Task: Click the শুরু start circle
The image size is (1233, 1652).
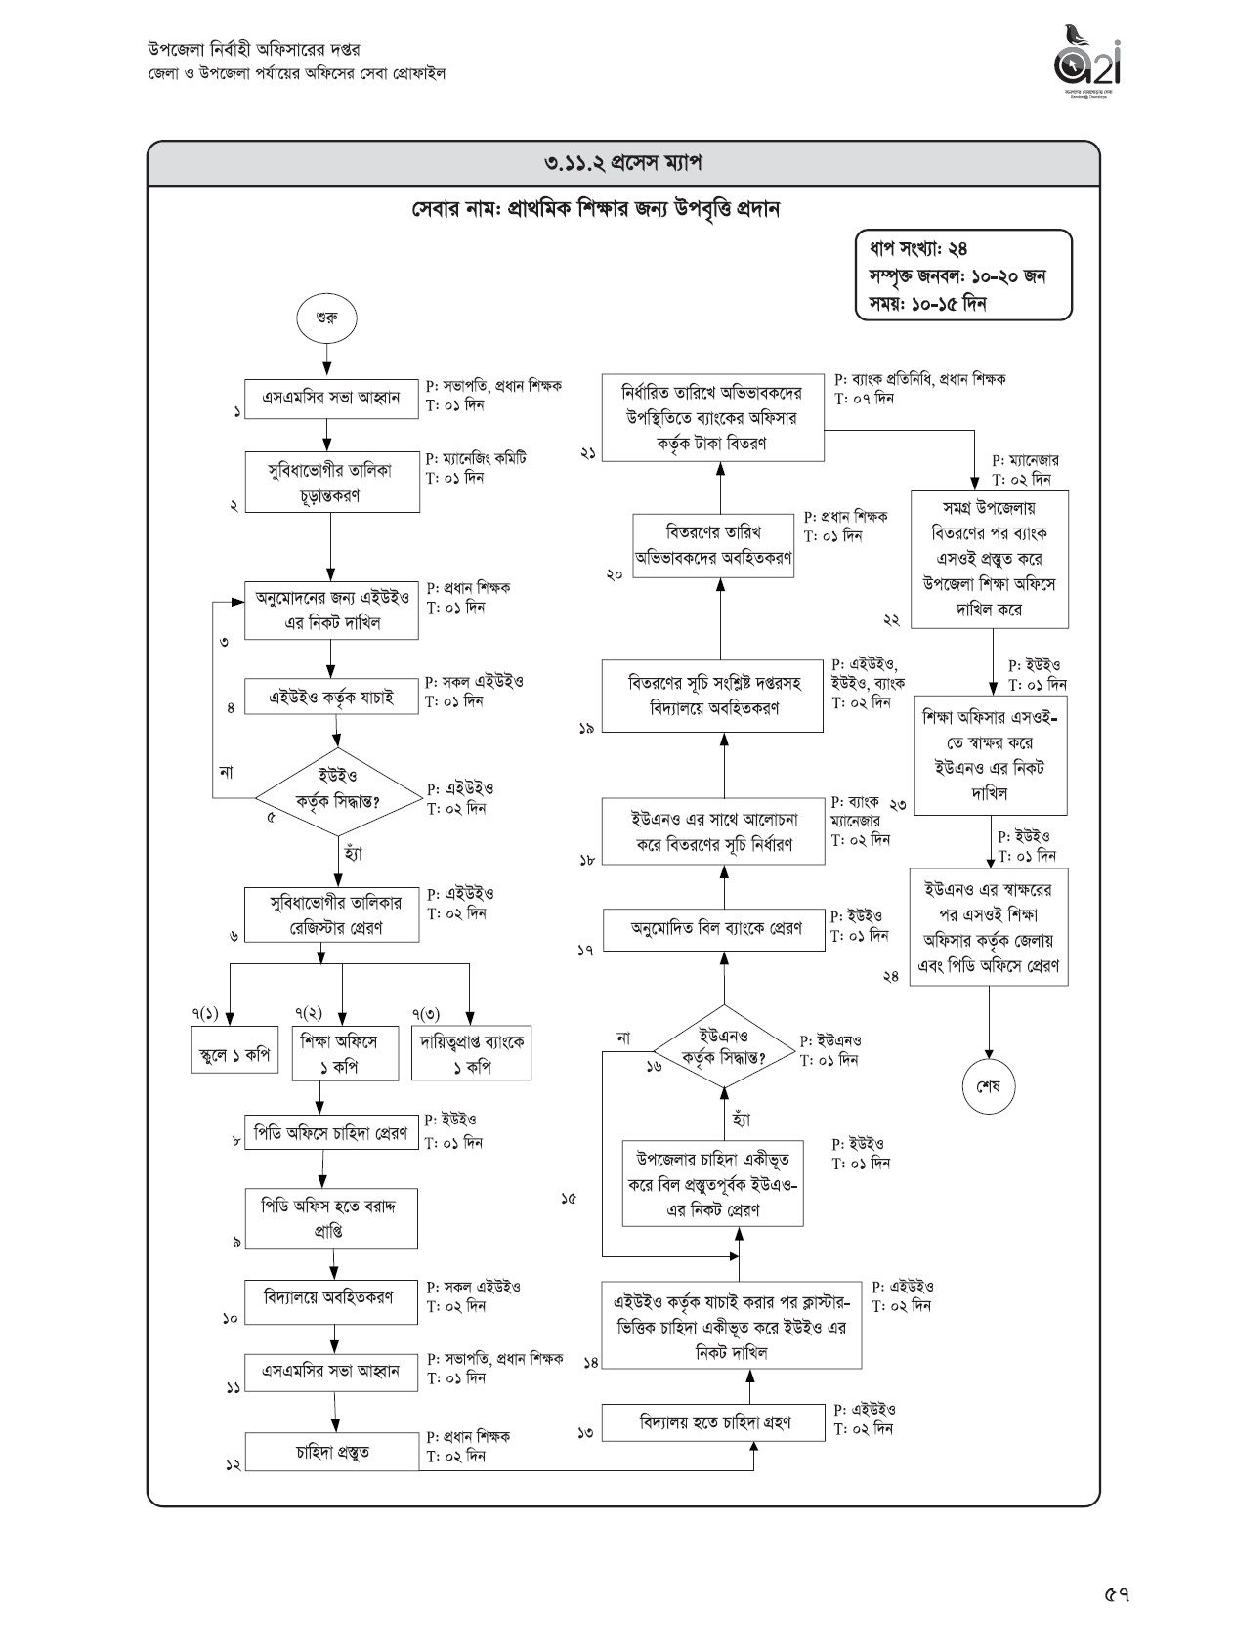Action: [327, 318]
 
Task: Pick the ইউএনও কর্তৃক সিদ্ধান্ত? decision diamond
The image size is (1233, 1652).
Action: [723, 1047]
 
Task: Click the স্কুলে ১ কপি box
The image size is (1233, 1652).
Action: [234, 1053]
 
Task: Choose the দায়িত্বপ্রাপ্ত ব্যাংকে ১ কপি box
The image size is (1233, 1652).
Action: [471, 1053]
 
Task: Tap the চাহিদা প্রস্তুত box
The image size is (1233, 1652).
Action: [331, 1452]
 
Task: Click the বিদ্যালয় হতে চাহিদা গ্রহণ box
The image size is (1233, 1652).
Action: [714, 1422]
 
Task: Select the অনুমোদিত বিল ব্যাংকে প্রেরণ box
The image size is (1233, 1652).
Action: [715, 927]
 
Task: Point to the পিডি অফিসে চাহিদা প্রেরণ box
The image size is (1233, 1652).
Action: [331, 1133]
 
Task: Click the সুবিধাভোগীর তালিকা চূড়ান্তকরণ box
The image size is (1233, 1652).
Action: [331, 482]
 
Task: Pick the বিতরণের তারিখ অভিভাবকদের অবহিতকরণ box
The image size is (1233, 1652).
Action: [714, 545]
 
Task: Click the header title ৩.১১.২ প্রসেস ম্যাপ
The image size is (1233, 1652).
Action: [623, 163]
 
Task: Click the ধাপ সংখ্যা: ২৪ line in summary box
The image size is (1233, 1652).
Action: [913, 250]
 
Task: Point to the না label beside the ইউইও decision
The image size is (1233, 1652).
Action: [227, 772]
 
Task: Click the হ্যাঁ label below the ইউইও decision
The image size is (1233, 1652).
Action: [354, 853]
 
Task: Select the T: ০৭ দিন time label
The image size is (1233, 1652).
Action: [864, 399]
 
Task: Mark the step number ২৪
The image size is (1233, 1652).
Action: [891, 976]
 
